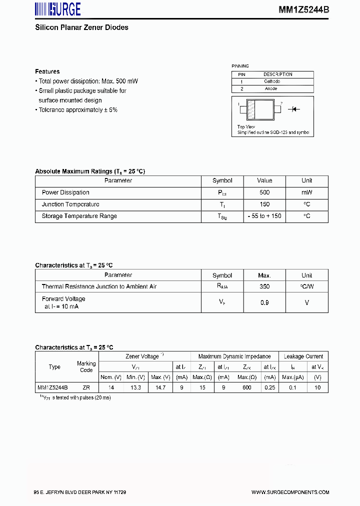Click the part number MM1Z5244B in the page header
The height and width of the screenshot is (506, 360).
(x=303, y=9)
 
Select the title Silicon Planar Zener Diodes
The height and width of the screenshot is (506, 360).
(x=81, y=27)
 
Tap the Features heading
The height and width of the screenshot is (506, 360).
(x=47, y=71)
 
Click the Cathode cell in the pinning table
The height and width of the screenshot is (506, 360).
(x=271, y=81)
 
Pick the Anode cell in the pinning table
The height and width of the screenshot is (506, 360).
(x=270, y=88)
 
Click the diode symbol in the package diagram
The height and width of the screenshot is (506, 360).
(x=295, y=108)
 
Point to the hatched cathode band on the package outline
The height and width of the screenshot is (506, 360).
(x=251, y=110)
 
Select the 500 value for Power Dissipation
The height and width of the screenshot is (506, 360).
(x=264, y=192)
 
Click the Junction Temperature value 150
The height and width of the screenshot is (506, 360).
(x=264, y=204)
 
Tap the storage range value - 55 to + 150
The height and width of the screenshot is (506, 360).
(x=264, y=216)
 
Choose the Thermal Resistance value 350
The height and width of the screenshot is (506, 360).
(x=264, y=286)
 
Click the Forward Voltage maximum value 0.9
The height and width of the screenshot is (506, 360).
(x=264, y=302)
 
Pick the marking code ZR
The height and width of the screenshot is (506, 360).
(x=86, y=387)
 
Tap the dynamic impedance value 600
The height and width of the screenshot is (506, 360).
(x=247, y=387)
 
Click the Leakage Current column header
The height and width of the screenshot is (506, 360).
(x=303, y=356)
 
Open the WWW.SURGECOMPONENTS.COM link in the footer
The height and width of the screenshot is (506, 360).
(x=290, y=492)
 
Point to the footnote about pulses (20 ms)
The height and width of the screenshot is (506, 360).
(x=75, y=397)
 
